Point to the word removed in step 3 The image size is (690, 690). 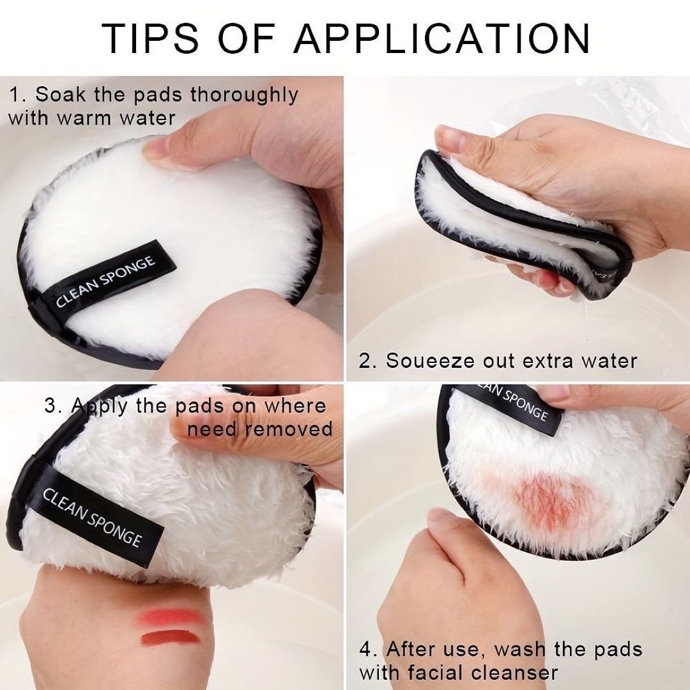(289, 429)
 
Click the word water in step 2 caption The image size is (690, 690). (608, 361)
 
